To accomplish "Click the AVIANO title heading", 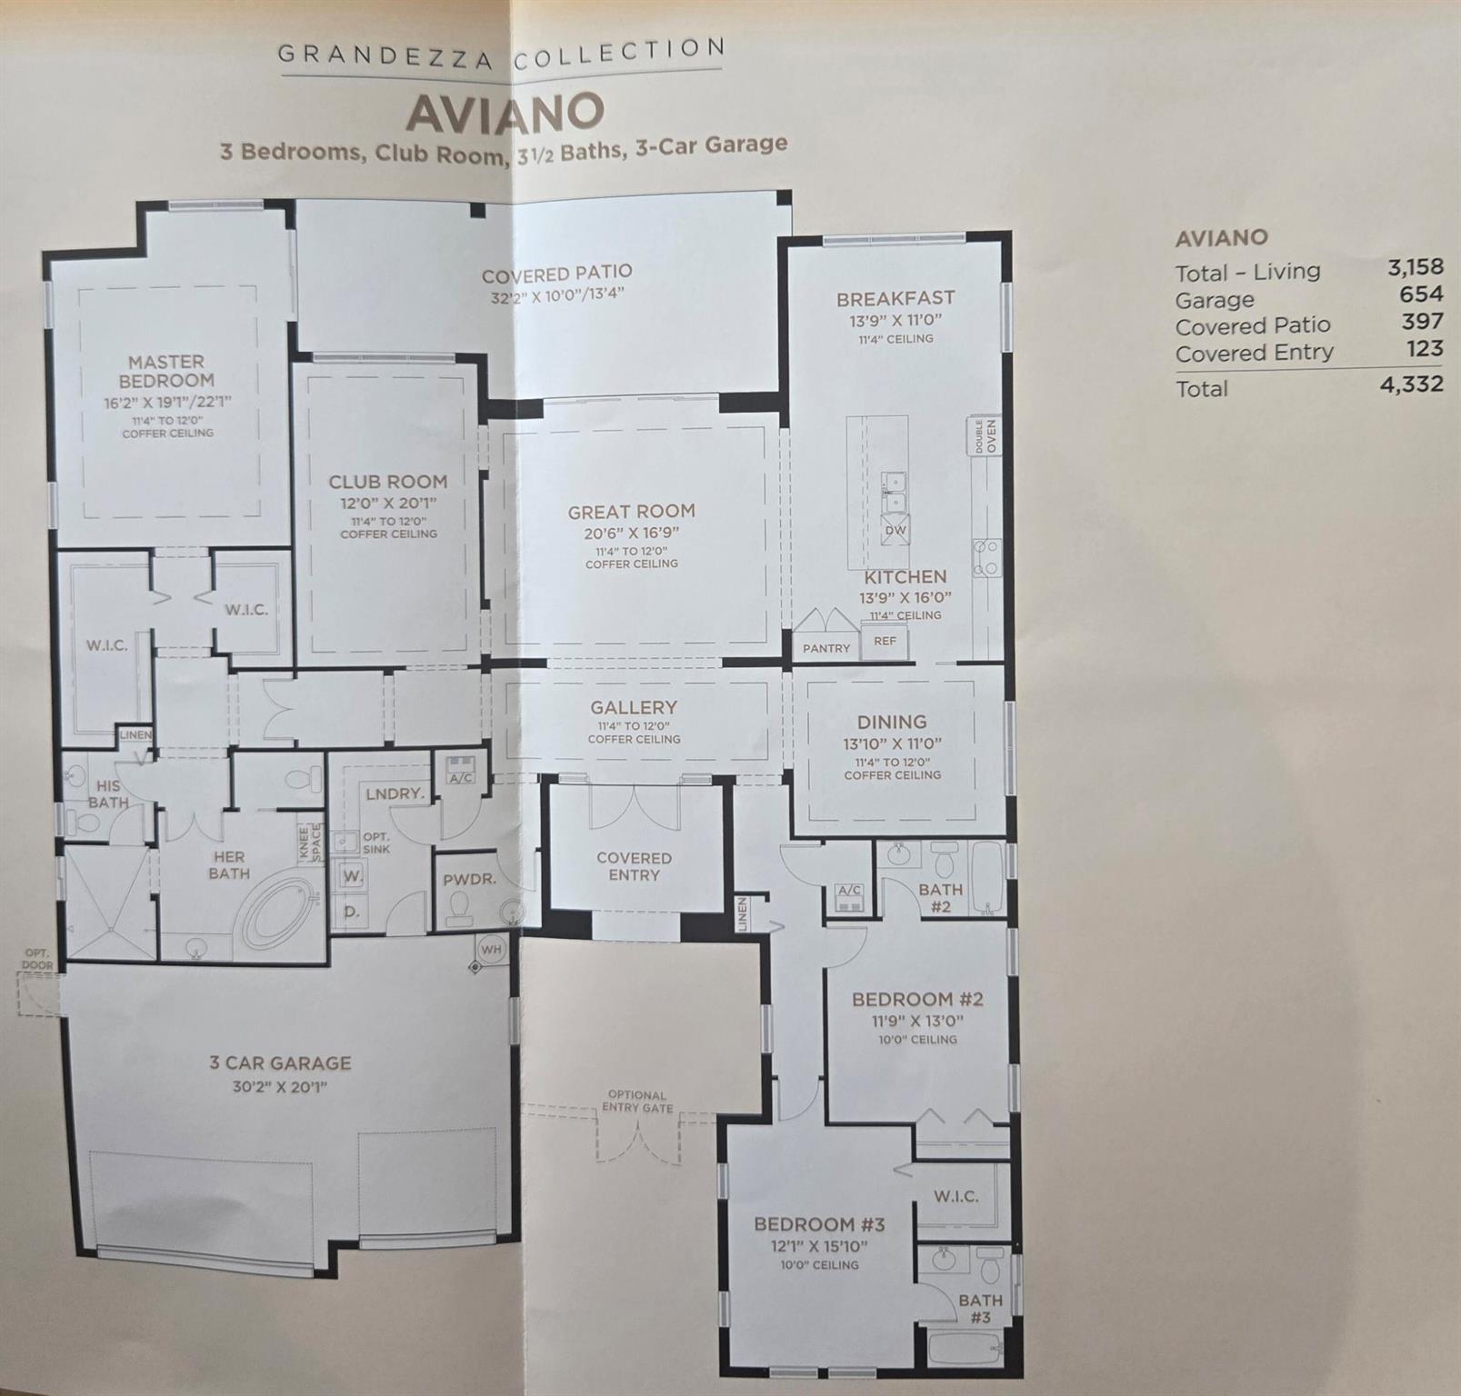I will tap(505, 112).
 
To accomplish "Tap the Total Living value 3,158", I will tap(1415, 267).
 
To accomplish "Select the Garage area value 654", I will tap(1421, 294).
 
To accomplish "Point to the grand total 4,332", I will tap(1411, 384).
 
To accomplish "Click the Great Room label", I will tap(631, 512).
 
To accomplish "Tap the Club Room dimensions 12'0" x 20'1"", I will tap(388, 503).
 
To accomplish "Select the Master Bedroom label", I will tap(166, 371).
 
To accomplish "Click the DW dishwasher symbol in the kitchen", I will tap(895, 531).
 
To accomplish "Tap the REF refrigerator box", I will tap(885, 642).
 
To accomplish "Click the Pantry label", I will tap(826, 648).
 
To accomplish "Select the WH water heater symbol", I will tap(491, 950).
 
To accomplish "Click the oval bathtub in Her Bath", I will tap(277, 910).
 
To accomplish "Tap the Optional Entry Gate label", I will tap(637, 1102).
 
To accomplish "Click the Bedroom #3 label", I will tap(819, 1224).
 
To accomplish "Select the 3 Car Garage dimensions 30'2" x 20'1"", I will tap(279, 1087).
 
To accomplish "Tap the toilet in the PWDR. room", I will tap(460, 908).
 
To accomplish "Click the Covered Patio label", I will tap(556, 274).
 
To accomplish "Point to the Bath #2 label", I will tap(940, 897).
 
